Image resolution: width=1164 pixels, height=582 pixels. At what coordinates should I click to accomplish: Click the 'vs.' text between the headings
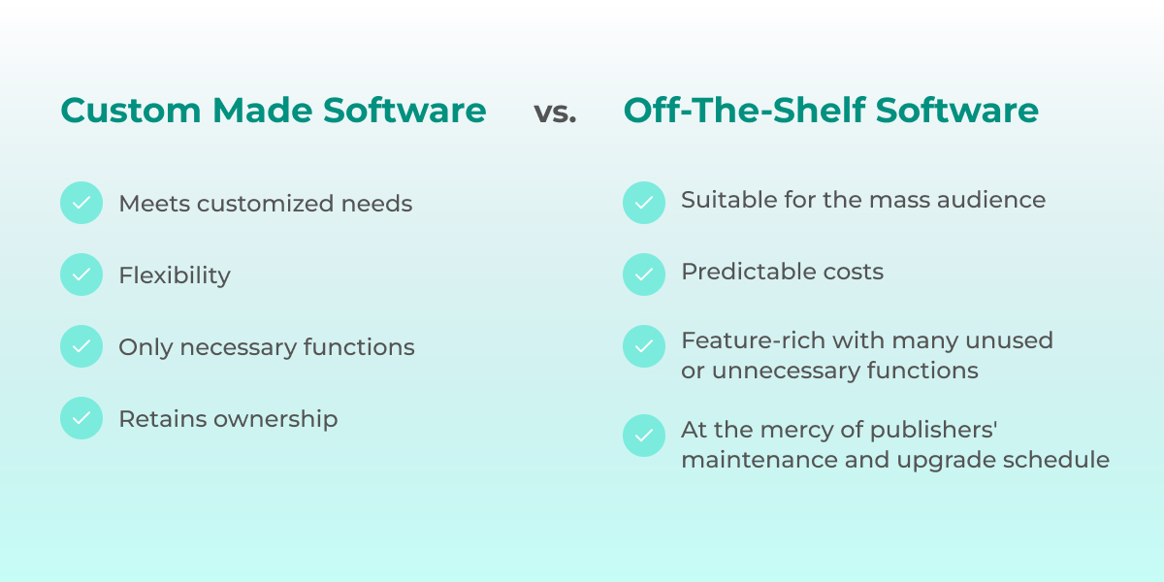(x=555, y=112)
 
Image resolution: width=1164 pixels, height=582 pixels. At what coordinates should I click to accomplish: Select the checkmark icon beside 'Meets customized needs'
(x=81, y=204)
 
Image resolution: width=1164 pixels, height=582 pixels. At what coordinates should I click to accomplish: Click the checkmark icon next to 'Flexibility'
(x=81, y=275)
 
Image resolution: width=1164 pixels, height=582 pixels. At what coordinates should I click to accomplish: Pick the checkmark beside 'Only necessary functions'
(x=81, y=347)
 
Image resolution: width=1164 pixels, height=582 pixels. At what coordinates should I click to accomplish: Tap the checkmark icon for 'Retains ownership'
(x=81, y=419)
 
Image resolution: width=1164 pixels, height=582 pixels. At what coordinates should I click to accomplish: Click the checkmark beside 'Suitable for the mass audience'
(x=644, y=203)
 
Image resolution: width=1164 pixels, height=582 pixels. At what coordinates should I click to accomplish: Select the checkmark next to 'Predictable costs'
(x=644, y=275)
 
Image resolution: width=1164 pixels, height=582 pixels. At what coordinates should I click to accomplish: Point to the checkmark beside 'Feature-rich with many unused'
(x=644, y=346)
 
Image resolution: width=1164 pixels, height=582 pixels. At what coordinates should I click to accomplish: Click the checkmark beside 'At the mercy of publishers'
(x=644, y=436)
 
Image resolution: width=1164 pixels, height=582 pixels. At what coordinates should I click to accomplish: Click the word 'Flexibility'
(x=175, y=276)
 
